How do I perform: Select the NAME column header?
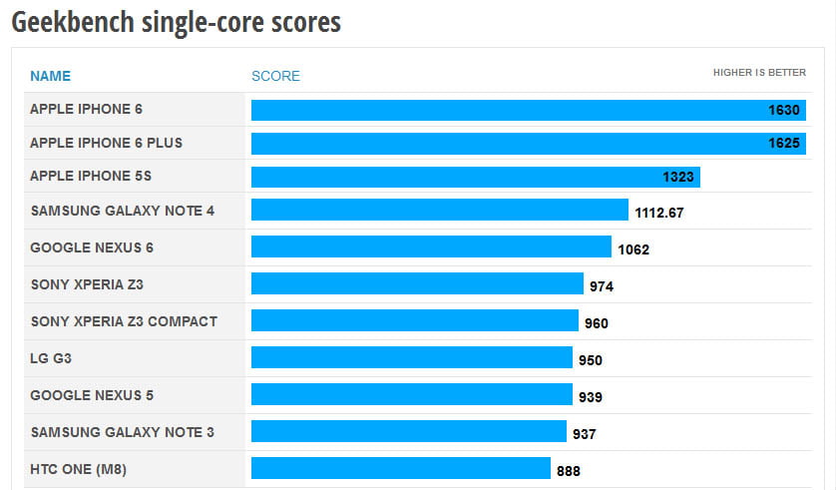51,76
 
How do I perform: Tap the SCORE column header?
275,76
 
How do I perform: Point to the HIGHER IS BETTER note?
759,73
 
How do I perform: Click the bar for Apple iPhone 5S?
475,177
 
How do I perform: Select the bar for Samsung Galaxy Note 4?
439,211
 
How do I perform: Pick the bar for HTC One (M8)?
400,468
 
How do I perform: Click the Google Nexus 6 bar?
431,247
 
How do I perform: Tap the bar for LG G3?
411,358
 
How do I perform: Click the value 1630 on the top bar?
784,110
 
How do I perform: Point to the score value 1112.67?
658,213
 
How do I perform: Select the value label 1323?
678,178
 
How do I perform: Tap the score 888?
569,470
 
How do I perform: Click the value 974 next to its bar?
602,286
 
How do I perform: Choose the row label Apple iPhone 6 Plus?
107,143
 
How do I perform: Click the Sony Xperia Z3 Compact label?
124,321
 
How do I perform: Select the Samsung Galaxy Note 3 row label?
123,432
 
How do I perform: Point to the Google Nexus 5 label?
92,395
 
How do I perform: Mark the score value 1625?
784,144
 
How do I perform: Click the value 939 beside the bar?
591,397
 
